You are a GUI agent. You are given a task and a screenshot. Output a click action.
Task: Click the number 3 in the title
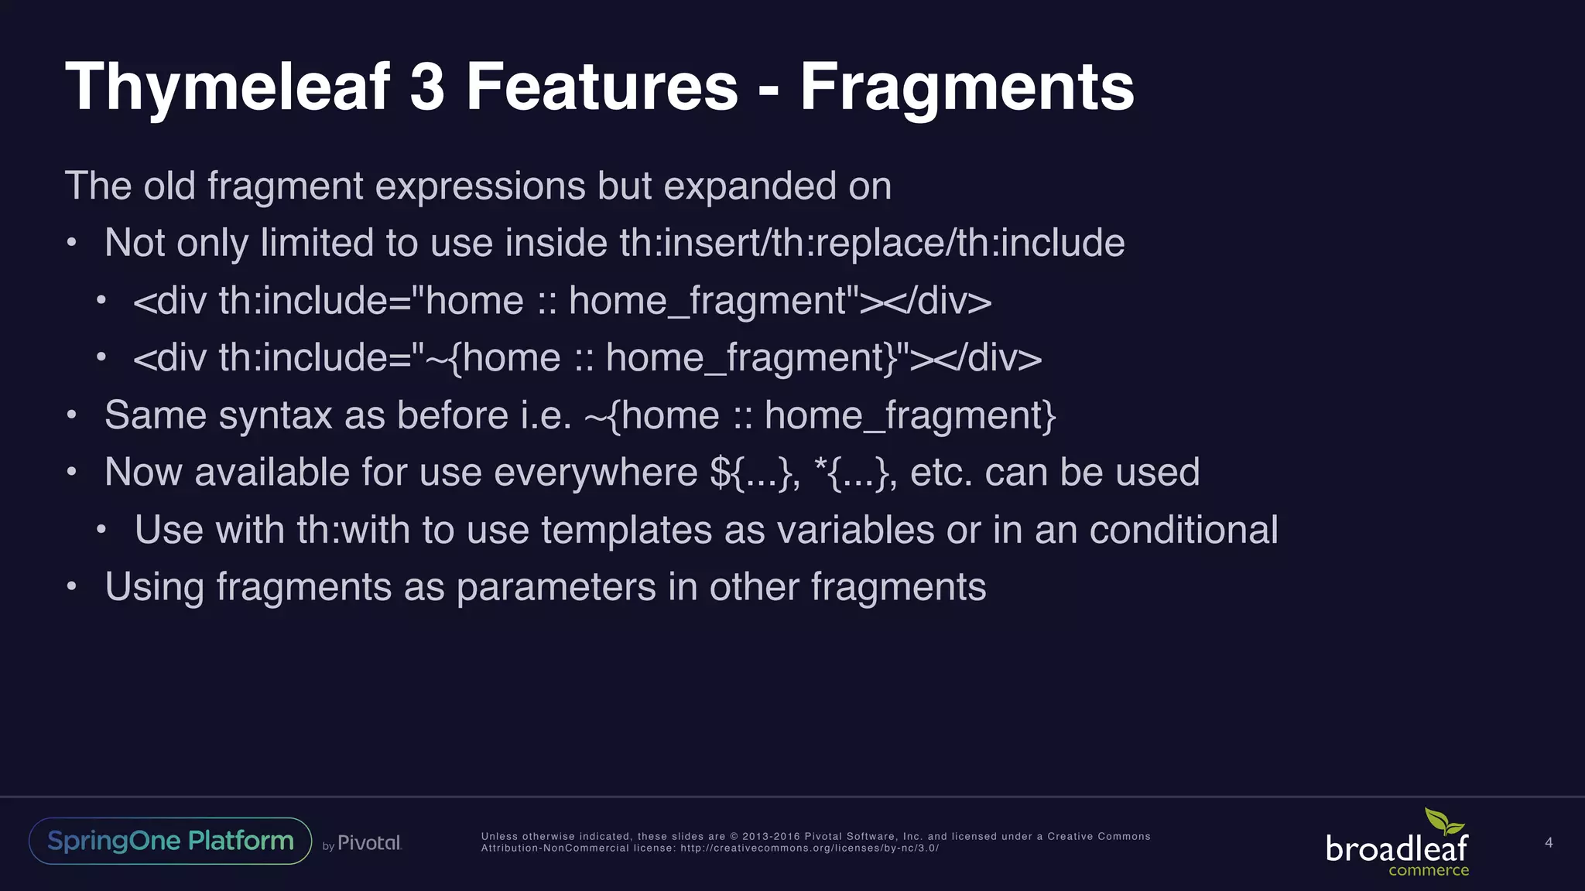(x=427, y=87)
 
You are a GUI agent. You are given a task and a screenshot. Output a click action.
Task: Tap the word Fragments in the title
(x=967, y=87)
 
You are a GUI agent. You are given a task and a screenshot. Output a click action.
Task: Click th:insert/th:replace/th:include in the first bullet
(x=871, y=243)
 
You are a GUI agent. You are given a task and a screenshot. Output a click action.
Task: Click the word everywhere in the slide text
(x=595, y=473)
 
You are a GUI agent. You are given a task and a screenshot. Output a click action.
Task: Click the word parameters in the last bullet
(x=556, y=587)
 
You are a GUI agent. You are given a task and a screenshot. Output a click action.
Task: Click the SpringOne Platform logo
(x=170, y=841)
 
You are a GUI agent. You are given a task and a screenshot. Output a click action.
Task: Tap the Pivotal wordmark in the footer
(x=369, y=843)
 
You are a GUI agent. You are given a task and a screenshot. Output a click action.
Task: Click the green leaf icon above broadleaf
(x=1444, y=821)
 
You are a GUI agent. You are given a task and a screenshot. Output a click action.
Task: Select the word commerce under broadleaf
(x=1428, y=871)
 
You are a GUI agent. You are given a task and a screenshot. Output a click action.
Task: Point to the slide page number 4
(x=1549, y=842)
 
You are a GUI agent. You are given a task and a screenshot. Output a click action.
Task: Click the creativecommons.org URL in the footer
(x=809, y=848)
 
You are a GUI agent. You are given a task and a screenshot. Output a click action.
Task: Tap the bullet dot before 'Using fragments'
(x=71, y=587)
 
